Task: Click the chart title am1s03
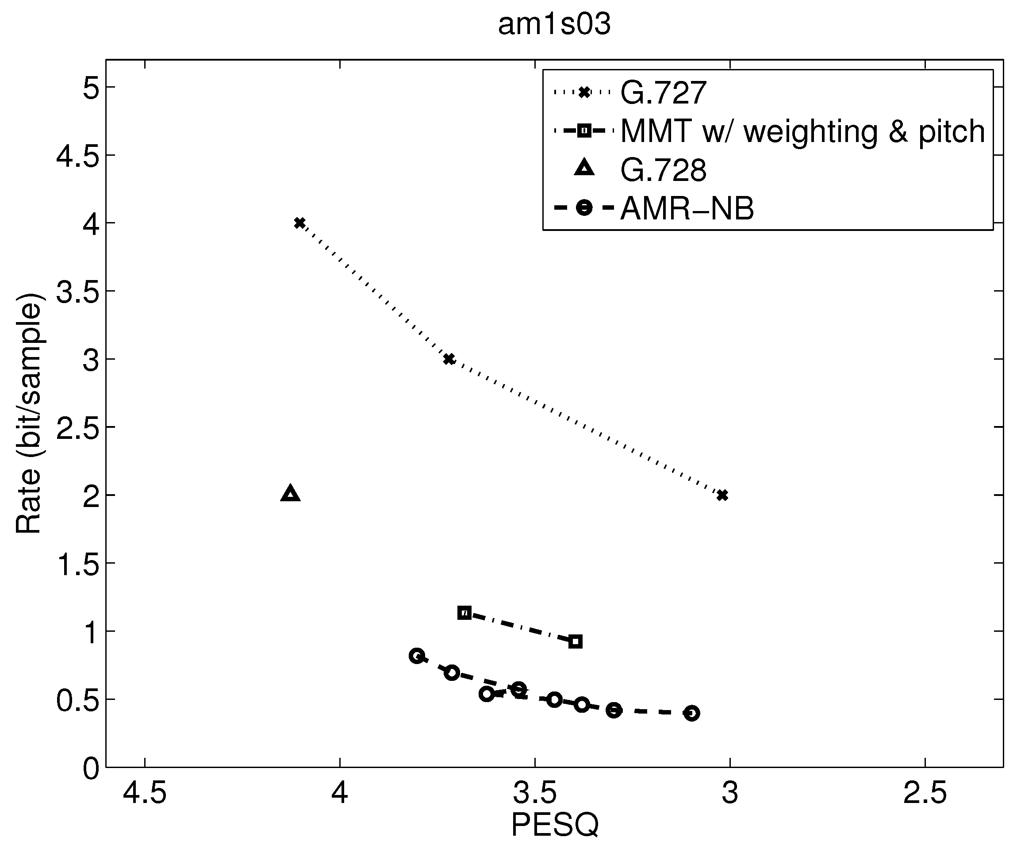(x=555, y=24)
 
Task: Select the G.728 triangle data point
(x=291, y=494)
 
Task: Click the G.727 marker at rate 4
(x=300, y=223)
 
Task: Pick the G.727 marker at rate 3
(x=449, y=359)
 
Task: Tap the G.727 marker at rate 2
(x=722, y=495)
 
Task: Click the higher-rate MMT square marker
(x=464, y=613)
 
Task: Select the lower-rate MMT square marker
(x=576, y=642)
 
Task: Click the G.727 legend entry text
(x=663, y=92)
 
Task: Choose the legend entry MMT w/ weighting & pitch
(x=802, y=131)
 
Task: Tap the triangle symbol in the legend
(x=584, y=169)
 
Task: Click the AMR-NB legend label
(x=687, y=209)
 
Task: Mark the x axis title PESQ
(x=555, y=825)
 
